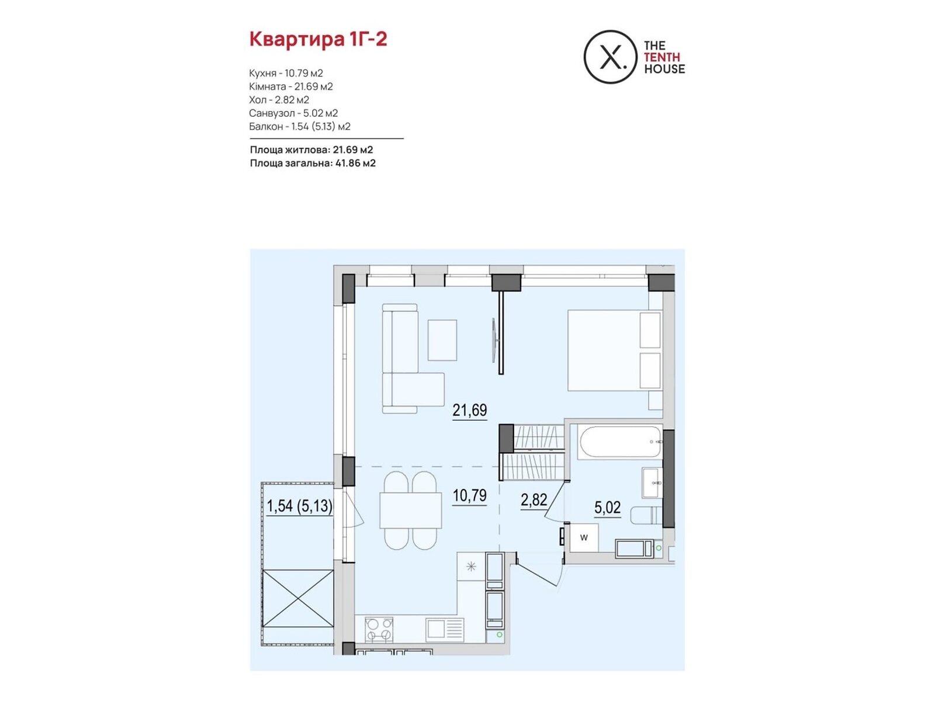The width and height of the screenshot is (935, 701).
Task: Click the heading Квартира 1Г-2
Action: click(318, 40)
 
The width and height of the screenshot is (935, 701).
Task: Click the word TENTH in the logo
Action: click(662, 57)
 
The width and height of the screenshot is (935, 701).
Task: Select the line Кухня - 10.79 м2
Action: click(286, 73)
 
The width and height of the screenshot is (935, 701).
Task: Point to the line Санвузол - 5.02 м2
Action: click(293, 113)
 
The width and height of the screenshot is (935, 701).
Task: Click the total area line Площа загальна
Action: click(313, 163)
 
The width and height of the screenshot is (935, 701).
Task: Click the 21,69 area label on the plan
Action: click(469, 410)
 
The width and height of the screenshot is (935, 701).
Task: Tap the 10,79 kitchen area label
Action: click(469, 495)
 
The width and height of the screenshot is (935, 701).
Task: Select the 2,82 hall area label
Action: click(534, 499)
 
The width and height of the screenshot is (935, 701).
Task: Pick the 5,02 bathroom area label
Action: click(607, 507)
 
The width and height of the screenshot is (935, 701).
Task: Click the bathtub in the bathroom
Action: click(619, 442)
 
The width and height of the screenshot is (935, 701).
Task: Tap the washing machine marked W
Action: click(584, 537)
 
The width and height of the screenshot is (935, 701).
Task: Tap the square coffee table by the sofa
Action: click(442, 340)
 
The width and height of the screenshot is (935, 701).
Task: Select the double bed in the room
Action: click(615, 350)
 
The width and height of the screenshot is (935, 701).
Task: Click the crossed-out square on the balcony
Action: click(298, 598)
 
